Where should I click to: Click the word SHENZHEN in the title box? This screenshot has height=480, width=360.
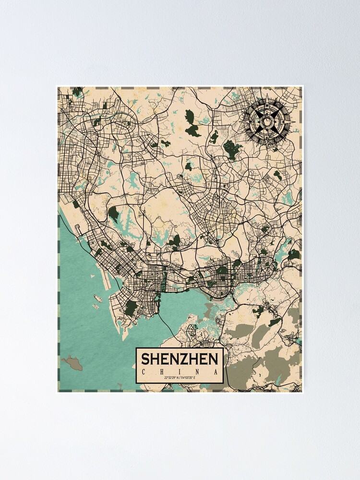point(180,359)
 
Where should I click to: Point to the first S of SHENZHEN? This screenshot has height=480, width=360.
point(144,359)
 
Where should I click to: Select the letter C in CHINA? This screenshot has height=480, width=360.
point(144,372)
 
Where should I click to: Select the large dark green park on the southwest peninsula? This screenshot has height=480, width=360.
point(131,307)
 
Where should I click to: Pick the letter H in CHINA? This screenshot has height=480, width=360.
point(162,372)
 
